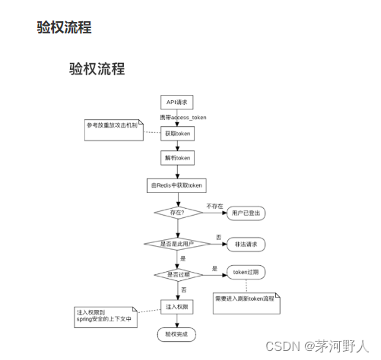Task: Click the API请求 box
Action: coord(177,102)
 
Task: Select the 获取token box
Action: coord(177,133)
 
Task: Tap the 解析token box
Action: coord(177,157)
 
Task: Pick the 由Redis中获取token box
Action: coord(177,185)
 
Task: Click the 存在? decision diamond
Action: coord(177,213)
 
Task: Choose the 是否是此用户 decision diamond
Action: coord(177,244)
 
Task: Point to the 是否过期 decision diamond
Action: coord(177,273)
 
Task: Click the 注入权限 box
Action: coord(177,306)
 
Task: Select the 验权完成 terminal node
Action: coord(176,333)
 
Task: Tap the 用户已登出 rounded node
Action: coord(246,213)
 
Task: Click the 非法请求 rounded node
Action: coord(246,244)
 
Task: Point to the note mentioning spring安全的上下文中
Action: coord(103,315)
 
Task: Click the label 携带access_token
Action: coord(183,118)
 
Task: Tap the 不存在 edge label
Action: coord(215,205)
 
